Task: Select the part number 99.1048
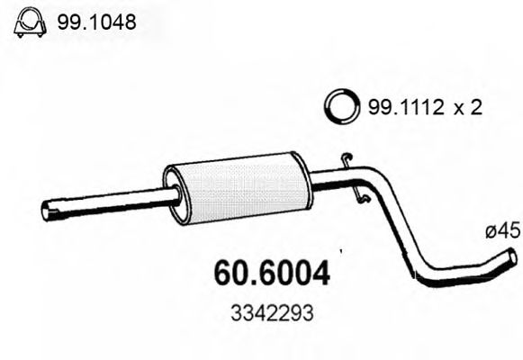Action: tap(96, 23)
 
